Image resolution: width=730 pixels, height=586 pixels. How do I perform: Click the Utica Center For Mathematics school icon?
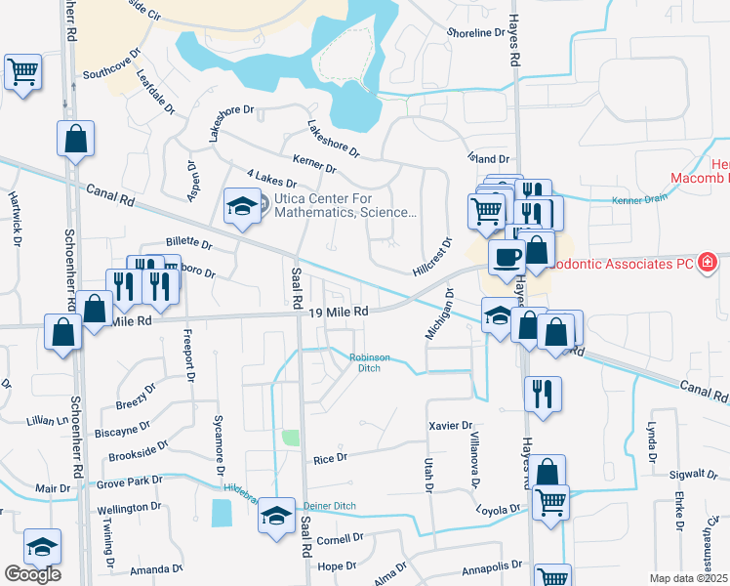point(239,205)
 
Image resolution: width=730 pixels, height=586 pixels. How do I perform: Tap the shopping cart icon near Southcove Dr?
point(22,70)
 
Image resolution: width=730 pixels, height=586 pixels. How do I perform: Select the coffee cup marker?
point(506,257)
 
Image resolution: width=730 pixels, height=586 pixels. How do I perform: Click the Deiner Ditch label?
point(331,505)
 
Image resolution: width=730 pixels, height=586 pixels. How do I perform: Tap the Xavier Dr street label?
point(451,426)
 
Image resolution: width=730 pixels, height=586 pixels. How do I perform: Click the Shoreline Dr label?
point(474,33)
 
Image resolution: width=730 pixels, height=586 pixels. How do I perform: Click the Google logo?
point(32,574)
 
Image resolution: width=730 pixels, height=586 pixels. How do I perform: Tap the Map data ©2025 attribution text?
point(689,578)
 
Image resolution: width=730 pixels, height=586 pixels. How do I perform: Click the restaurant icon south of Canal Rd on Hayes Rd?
point(543,393)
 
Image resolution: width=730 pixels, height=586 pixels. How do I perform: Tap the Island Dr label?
point(490,158)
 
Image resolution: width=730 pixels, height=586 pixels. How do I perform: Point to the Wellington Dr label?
point(129,508)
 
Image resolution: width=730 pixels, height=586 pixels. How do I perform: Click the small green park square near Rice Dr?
point(290,438)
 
